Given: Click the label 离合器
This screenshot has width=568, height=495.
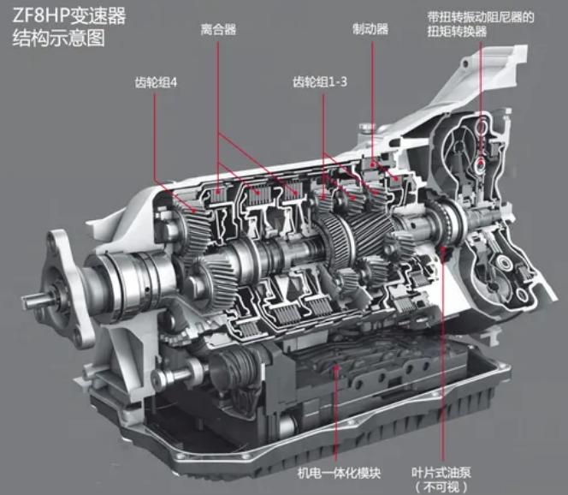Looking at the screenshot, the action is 218,29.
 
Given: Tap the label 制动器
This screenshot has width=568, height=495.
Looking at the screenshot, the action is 370,29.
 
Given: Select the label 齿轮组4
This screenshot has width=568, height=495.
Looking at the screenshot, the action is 156,83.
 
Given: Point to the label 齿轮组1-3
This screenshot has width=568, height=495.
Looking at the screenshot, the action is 320,82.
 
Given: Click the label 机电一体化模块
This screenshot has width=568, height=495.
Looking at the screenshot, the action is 339,473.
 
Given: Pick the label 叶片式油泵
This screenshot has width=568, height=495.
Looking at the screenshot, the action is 441,473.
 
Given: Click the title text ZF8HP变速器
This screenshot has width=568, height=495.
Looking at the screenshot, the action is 68,16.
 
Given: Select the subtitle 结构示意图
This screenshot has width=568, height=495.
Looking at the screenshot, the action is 59,38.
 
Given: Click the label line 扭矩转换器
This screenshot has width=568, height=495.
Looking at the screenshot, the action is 457,32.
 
